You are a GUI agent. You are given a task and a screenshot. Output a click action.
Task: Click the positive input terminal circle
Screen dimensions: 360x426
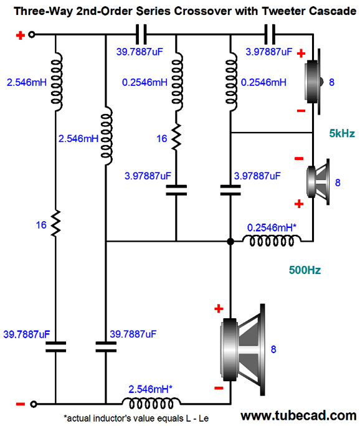[x=32, y=35]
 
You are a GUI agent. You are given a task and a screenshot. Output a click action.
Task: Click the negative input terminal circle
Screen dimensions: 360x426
[x=33, y=404]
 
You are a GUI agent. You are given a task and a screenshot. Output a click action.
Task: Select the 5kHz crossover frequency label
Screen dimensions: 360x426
[x=342, y=133]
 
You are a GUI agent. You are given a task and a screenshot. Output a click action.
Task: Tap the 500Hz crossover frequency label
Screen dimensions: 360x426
[x=305, y=270]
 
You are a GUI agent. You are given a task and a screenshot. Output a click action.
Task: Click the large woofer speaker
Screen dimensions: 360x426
[x=243, y=349]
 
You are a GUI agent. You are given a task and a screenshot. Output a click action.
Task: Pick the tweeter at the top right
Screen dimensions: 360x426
[x=314, y=82]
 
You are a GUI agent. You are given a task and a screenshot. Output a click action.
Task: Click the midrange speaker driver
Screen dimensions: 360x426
[x=318, y=182]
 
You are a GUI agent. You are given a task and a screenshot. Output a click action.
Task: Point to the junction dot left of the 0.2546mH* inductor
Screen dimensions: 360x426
[x=230, y=241]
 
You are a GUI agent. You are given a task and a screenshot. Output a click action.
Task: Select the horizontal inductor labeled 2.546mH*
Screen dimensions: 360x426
[x=151, y=404]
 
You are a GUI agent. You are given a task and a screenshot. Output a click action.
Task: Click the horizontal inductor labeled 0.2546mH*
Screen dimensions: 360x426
[x=272, y=240]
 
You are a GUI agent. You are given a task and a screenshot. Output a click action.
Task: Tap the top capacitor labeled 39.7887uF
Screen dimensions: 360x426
[x=141, y=34]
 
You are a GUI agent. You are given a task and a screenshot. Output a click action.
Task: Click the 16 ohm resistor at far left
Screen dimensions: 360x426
[x=55, y=223]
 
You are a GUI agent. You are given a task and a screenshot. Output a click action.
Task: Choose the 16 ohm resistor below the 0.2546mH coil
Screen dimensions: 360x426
[x=176, y=136]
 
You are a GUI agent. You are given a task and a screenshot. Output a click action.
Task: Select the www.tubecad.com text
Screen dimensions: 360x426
[x=298, y=415]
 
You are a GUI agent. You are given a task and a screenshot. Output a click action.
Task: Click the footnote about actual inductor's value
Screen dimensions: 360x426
[x=136, y=419]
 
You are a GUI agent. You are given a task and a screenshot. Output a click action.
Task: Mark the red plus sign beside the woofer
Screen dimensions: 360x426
[x=219, y=309]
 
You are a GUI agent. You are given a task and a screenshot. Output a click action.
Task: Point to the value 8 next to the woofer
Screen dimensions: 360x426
[x=273, y=349]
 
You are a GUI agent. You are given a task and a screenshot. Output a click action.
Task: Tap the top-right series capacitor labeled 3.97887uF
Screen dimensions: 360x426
[x=270, y=34]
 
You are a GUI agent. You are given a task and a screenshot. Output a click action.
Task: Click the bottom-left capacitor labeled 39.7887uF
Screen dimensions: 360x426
[x=55, y=347]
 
